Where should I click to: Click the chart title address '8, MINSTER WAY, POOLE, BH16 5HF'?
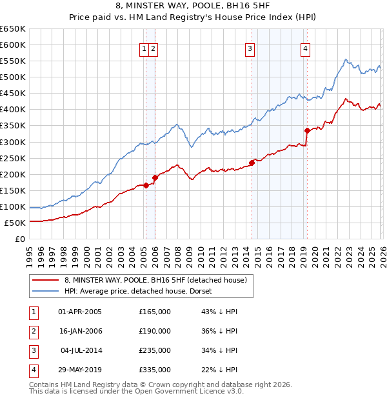(193, 7)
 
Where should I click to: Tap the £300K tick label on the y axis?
(13, 142)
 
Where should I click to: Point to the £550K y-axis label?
(13, 61)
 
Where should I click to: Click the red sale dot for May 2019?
(307, 130)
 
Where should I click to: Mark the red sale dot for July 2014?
(252, 163)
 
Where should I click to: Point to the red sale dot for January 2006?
(155, 177)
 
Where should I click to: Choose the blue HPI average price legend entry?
(142, 291)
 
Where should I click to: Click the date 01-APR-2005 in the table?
(80, 312)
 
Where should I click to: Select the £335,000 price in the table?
(155, 370)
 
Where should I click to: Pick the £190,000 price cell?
(155, 331)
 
